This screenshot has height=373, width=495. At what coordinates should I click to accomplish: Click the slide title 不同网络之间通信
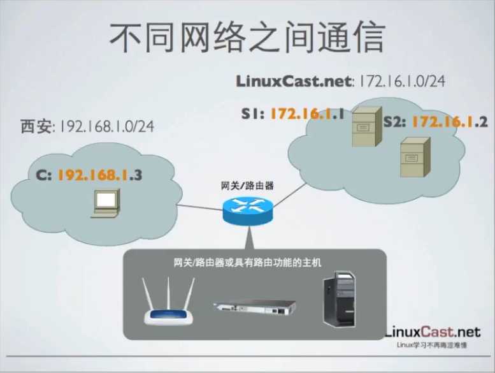[247, 38]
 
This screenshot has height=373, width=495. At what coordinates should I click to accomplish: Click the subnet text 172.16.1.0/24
[401, 82]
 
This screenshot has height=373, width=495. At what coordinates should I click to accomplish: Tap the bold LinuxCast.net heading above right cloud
[294, 82]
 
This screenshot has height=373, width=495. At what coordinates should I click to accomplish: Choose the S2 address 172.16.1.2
[450, 122]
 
